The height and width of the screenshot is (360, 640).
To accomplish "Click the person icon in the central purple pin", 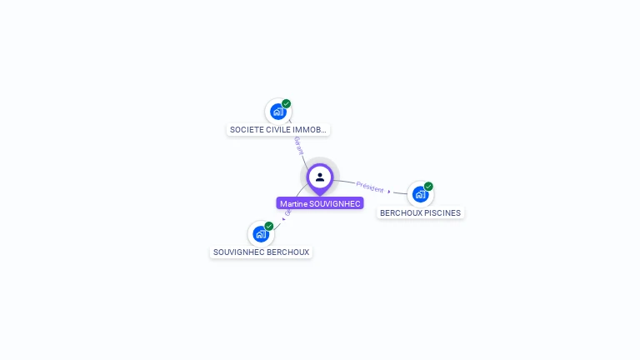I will tap(320, 177).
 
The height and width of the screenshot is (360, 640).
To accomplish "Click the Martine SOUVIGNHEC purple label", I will tap(320, 203).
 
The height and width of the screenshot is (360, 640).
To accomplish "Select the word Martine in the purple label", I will tap(293, 203).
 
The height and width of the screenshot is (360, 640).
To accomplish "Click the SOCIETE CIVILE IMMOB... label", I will tap(278, 130).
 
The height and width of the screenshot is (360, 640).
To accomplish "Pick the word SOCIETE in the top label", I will tap(246, 130).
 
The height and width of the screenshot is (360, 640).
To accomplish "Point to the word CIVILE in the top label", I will tap(279, 130).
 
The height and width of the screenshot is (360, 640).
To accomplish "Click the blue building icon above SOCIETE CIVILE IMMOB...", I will tap(277, 112).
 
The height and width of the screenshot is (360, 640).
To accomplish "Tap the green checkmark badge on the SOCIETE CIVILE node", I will tap(287, 104).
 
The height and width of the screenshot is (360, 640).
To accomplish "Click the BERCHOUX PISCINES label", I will tap(420, 212).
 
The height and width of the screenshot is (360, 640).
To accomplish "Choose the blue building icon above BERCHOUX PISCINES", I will tap(420, 194).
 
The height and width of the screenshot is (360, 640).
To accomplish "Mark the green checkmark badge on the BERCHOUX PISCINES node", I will tap(428, 187).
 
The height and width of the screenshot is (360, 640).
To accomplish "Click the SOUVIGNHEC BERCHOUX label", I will tap(261, 252).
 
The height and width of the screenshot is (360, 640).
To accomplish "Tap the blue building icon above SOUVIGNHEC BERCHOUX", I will tap(260, 234).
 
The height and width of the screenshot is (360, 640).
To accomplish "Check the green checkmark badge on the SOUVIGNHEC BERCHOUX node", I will tap(269, 226).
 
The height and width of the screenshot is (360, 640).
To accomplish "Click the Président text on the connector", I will tap(369, 187).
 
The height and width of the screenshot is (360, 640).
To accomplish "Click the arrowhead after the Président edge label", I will tap(389, 192).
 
